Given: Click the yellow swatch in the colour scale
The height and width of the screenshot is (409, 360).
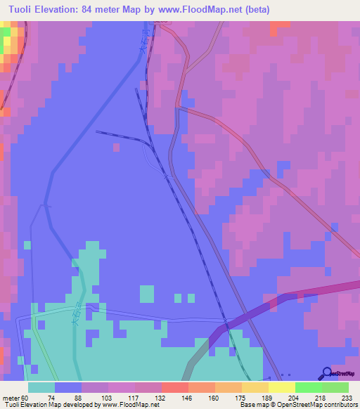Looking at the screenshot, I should pyautogui.click(x=281, y=387).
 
